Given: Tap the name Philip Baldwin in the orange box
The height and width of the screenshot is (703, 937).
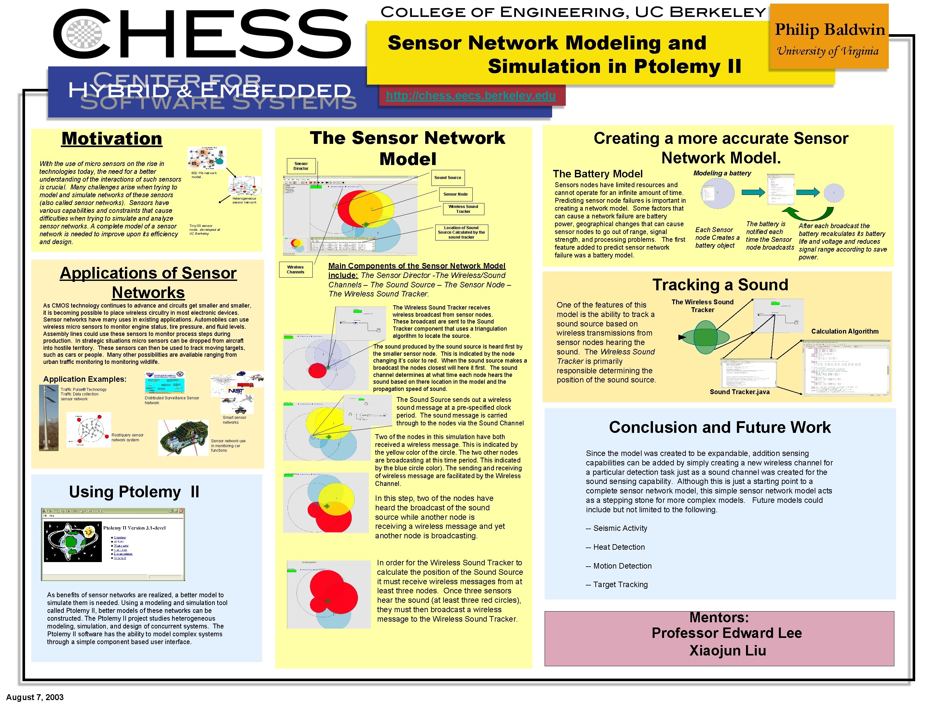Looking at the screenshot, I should coord(829,30).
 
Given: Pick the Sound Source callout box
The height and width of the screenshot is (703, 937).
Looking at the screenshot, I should coord(447,178).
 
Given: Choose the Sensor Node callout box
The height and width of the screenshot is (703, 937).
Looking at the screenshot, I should coord(455,194).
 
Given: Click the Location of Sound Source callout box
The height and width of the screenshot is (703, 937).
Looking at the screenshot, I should coord(461,232).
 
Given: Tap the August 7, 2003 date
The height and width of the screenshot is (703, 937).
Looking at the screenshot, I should coord(35,697).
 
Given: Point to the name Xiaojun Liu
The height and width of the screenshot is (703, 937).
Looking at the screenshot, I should coord(727,651).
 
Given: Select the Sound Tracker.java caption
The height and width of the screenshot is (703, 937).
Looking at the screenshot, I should coord(739,392).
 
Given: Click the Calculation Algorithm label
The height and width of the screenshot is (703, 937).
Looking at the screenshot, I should coord(844,331).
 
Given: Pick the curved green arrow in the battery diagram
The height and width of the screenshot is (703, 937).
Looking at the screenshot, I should coord(807,212).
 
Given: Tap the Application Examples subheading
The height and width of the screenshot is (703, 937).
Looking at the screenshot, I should coord(85,379).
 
